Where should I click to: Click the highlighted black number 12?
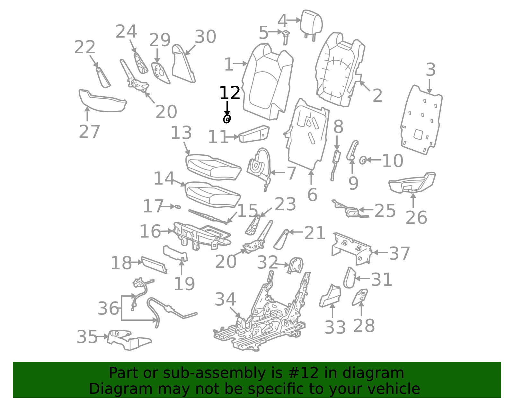click(x=230, y=93)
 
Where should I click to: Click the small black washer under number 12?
click(x=227, y=119)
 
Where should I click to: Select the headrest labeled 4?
click(x=311, y=25)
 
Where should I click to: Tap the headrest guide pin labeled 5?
click(x=286, y=37)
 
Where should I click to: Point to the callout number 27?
click(x=89, y=132)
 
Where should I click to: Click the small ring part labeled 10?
click(x=363, y=161)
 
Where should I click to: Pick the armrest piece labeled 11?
click(x=254, y=134)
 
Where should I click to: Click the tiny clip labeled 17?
click(x=177, y=207)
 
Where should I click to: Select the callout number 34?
click(x=225, y=300)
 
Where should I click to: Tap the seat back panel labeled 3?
click(x=421, y=120)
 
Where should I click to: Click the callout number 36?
click(x=108, y=308)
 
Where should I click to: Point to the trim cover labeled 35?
click(x=129, y=340)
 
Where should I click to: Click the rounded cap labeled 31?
click(x=350, y=278)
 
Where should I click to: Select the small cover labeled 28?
click(x=360, y=297)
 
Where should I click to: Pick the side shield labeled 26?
click(x=412, y=183)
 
